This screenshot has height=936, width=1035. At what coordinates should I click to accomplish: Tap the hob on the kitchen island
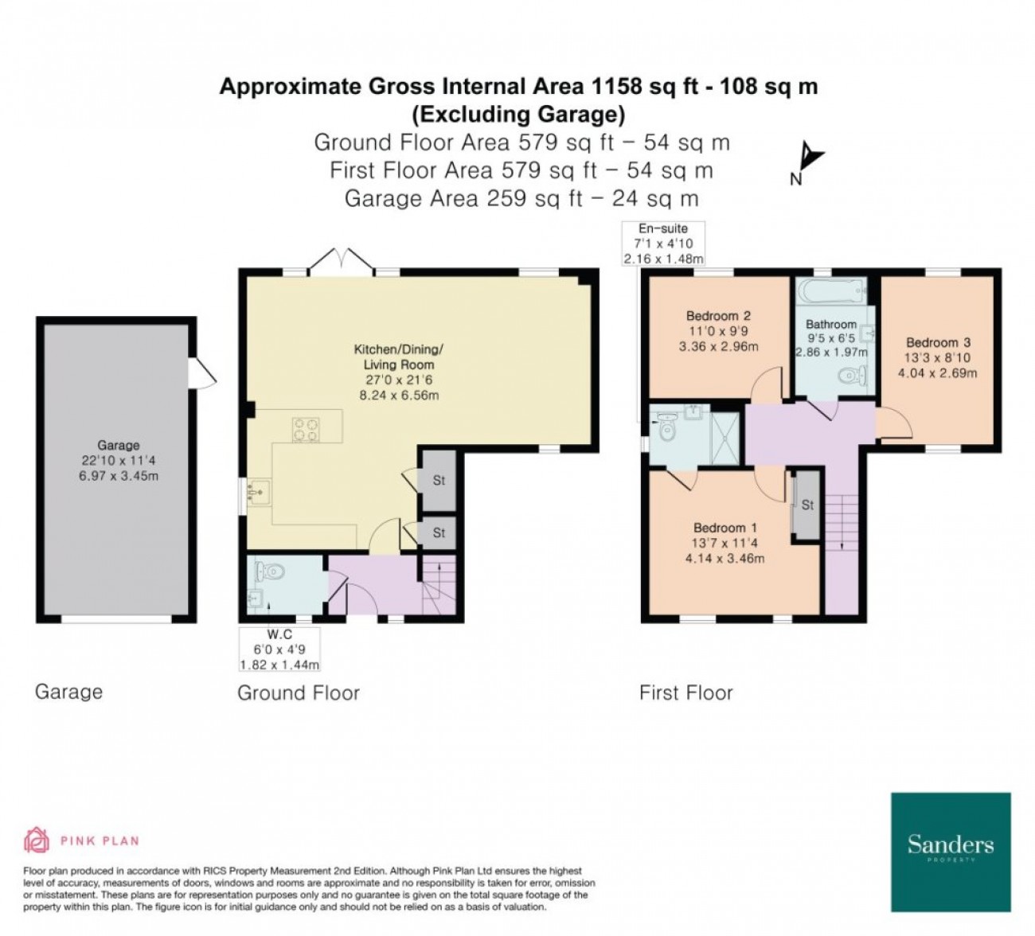[x=306, y=429]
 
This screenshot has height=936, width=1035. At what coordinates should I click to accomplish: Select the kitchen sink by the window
[x=259, y=492]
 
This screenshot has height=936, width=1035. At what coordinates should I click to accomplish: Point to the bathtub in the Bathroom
[x=831, y=291]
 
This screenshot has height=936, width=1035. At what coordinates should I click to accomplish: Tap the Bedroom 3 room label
[x=938, y=342]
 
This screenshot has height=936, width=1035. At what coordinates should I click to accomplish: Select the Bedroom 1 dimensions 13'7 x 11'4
[x=725, y=542]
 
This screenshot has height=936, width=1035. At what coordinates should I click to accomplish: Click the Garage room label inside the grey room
[x=118, y=445]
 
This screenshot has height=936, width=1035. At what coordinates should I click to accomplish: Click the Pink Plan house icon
[x=37, y=840]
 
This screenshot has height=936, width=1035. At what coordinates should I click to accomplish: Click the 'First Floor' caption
[x=685, y=693]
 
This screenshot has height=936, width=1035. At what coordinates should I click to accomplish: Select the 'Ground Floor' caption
[x=299, y=693]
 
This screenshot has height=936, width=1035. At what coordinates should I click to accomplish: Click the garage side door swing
[x=201, y=372]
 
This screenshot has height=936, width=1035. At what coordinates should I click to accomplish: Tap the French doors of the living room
[x=341, y=259]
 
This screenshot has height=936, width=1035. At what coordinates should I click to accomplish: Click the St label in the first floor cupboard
[x=807, y=505]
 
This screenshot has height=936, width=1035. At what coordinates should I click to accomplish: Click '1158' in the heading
[x=616, y=86]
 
